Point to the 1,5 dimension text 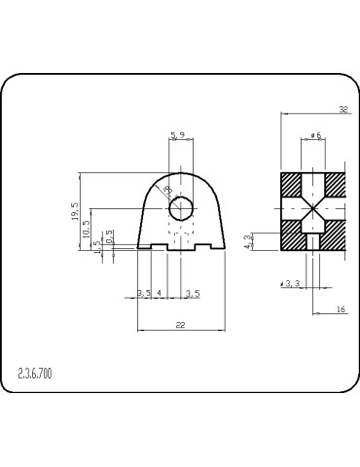coord(97,246)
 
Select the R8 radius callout coord(167,190)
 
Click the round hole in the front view coord(181,209)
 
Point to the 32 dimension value coord(342,109)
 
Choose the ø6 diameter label coord(315,135)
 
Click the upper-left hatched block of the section coord(292,185)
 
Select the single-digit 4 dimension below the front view coord(160,292)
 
